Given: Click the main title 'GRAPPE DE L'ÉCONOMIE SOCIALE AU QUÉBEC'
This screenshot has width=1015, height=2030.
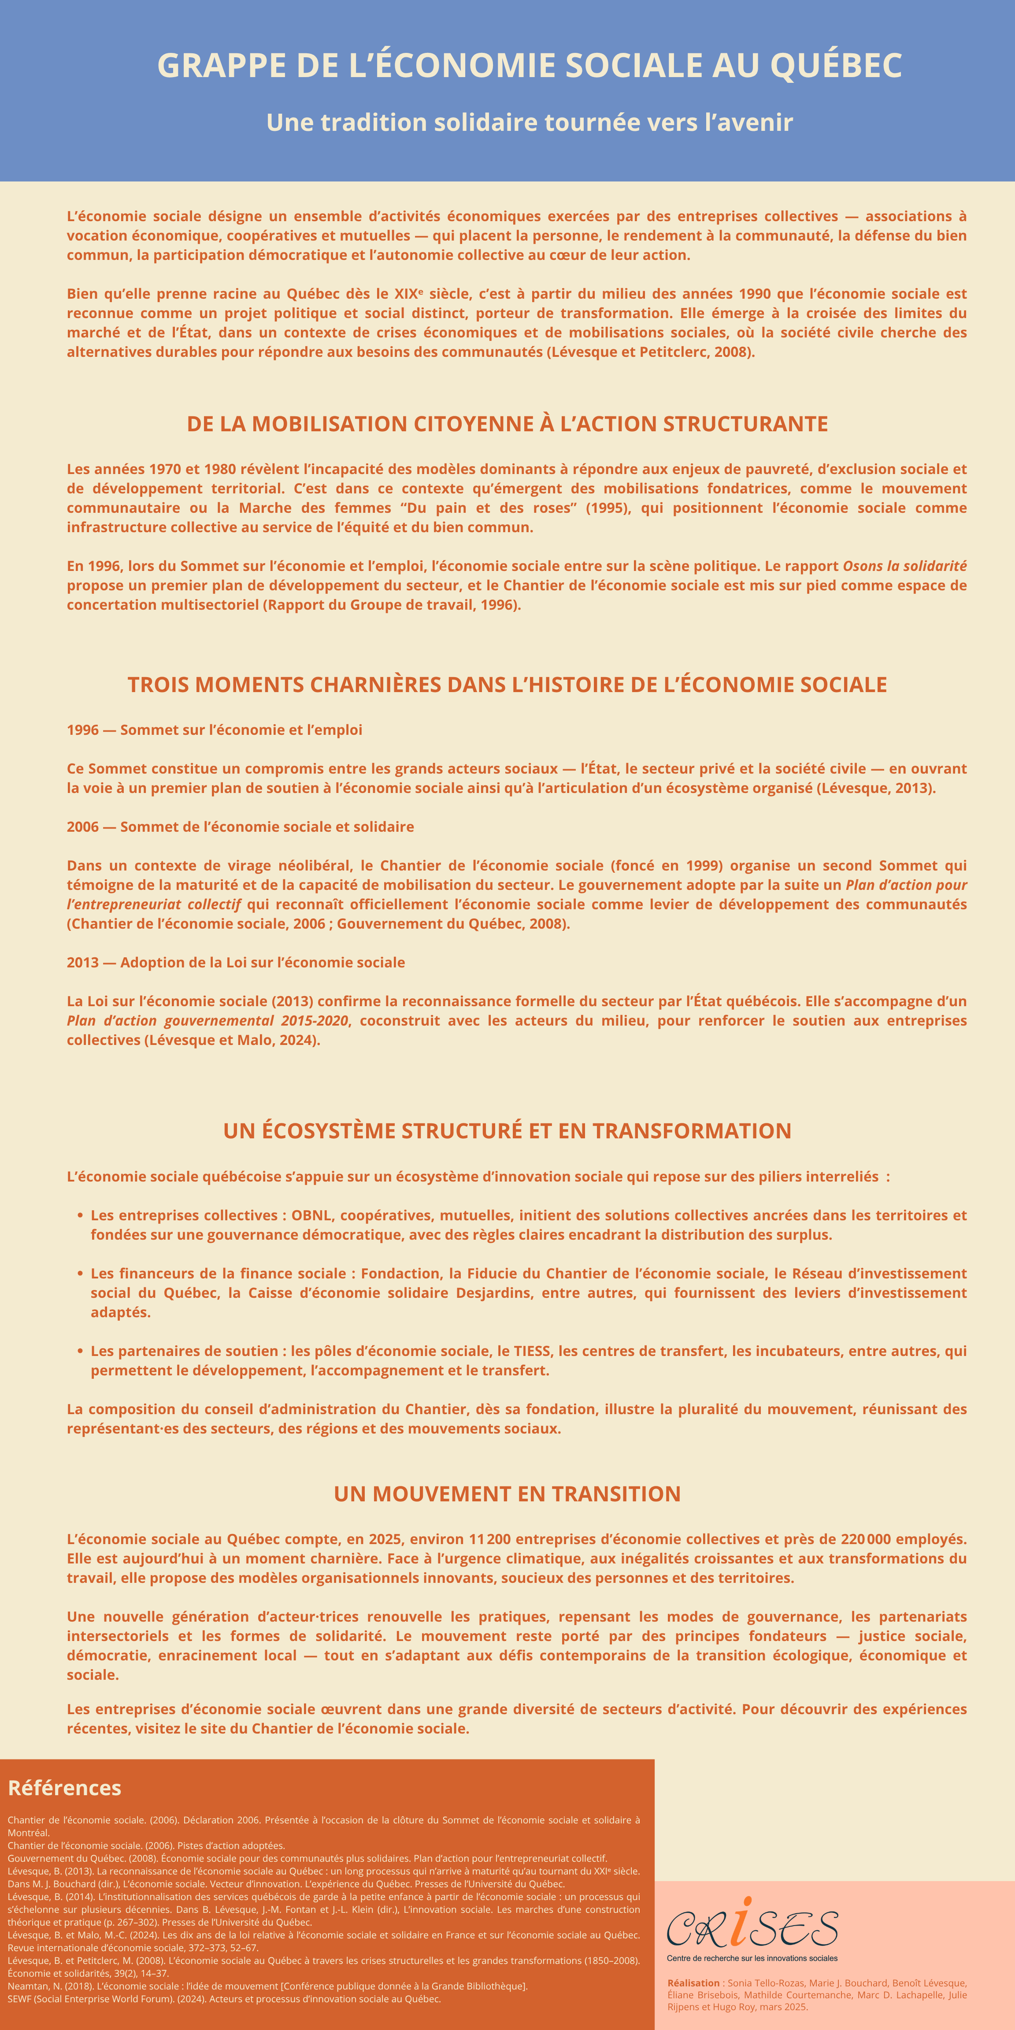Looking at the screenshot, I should tap(530, 65).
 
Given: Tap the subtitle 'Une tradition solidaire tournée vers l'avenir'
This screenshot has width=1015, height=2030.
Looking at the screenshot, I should tap(530, 122).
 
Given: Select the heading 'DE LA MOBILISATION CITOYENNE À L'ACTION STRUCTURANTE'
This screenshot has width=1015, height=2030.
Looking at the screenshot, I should tap(507, 424).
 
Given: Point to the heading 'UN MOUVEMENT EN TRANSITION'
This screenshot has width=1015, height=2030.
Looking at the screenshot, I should tap(507, 1494).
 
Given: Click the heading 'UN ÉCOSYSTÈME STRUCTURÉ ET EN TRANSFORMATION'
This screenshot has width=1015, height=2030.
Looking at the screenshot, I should tap(507, 1131).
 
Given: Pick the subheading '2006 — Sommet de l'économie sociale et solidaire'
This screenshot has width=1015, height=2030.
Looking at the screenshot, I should tap(241, 826).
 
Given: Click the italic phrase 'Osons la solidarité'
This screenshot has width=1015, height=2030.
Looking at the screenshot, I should tap(905, 566).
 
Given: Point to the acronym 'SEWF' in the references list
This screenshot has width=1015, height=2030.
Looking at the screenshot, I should tap(21, 1998).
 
